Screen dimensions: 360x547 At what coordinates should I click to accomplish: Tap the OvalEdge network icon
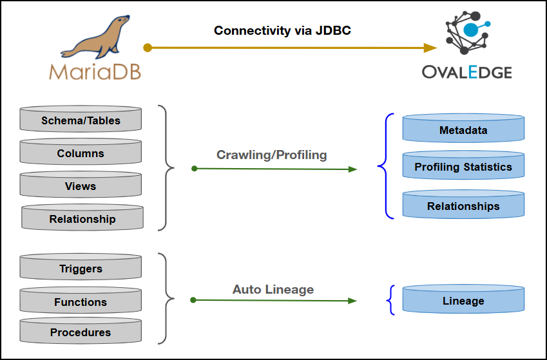pyautogui.click(x=466, y=32)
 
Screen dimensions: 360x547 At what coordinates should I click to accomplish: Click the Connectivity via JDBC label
pyautogui.click(x=282, y=31)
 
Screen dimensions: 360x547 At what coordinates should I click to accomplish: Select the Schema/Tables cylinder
pyautogui.click(x=81, y=120)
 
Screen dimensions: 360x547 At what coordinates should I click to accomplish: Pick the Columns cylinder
pyautogui.click(x=81, y=153)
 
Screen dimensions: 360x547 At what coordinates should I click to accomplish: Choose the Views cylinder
pyautogui.click(x=81, y=185)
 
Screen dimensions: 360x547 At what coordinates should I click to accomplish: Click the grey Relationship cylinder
pyautogui.click(x=82, y=218)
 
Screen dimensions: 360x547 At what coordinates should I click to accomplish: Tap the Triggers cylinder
pyautogui.click(x=81, y=269)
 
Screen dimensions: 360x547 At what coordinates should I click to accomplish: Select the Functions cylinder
pyautogui.click(x=81, y=301)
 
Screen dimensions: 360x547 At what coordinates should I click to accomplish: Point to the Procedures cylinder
pyautogui.click(x=81, y=332)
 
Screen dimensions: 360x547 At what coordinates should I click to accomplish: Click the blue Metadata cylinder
pyautogui.click(x=463, y=129)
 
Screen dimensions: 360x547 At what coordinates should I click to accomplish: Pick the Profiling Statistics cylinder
pyautogui.click(x=463, y=166)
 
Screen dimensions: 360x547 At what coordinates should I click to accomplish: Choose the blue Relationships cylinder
pyautogui.click(x=463, y=205)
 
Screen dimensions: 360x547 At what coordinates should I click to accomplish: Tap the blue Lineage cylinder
pyautogui.click(x=463, y=300)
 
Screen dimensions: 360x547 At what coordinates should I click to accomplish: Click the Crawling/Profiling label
pyautogui.click(x=271, y=155)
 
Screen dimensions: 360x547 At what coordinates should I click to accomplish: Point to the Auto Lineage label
pyautogui.click(x=273, y=289)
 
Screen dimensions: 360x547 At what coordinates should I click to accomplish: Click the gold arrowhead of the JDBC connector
pyautogui.click(x=430, y=48)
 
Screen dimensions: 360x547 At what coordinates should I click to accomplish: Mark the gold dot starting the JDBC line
pyautogui.click(x=148, y=48)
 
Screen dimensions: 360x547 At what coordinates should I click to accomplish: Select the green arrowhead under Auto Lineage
pyautogui.click(x=352, y=301)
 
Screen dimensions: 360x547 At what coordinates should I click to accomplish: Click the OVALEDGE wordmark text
pyautogui.click(x=466, y=71)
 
